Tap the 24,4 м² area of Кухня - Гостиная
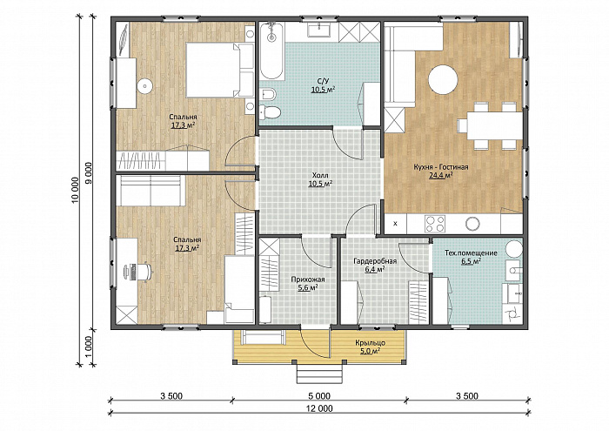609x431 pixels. click(440, 176)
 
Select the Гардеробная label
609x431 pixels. click(375, 260)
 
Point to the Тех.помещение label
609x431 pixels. click(471, 253)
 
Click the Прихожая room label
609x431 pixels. click(308, 279)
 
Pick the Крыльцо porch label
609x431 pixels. click(370, 343)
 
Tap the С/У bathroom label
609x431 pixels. click(323, 81)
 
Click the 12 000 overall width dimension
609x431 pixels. click(320, 408)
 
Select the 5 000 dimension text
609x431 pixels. click(319, 396)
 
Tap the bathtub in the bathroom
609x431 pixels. click(271, 51)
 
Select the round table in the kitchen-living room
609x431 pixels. click(443, 79)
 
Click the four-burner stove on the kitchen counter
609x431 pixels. click(435, 224)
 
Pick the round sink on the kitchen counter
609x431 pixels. click(472, 224)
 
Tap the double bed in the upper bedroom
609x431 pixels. click(220, 70)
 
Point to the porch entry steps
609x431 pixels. click(320, 372)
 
